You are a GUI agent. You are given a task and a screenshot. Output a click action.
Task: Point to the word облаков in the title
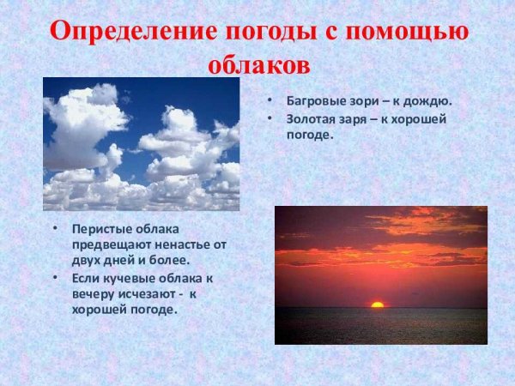257,65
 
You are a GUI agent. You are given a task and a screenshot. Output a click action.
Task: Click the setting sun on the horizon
377,305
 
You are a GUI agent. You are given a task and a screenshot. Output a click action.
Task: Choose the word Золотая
312,119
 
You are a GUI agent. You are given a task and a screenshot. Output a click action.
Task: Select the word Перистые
99,230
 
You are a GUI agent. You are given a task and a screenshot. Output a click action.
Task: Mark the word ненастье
183,244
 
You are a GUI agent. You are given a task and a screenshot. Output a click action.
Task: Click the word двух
87,259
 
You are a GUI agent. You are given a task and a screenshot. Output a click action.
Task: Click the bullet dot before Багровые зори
270,100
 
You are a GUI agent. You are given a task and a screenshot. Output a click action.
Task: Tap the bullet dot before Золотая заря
270,119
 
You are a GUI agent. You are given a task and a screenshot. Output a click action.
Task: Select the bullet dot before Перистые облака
55,230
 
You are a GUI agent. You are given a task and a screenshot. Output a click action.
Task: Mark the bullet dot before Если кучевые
55,279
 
